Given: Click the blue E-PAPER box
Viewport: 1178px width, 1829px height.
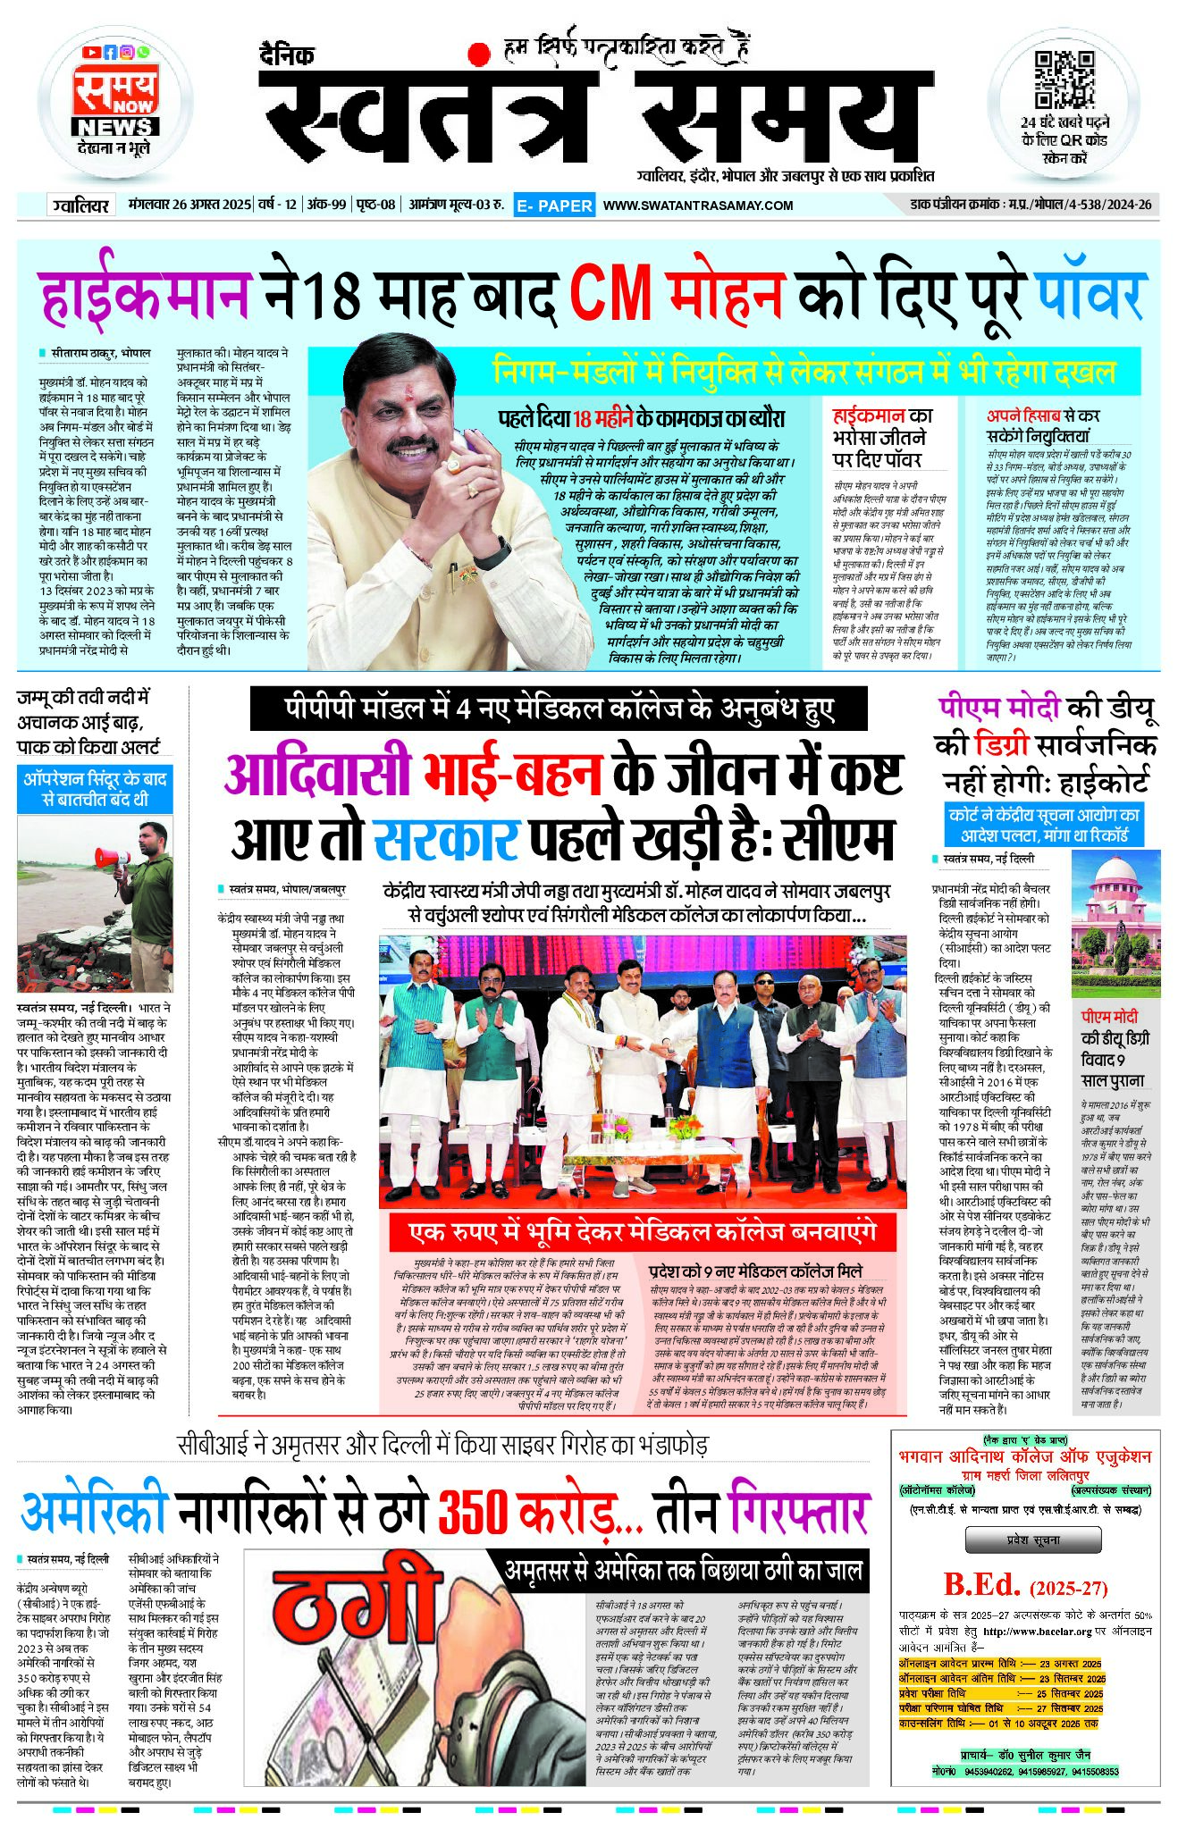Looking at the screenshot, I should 554,206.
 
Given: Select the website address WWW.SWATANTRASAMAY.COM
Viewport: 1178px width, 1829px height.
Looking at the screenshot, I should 698,206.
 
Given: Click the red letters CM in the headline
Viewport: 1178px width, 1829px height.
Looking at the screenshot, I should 610,293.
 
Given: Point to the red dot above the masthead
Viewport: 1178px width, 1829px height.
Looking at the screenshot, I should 480,54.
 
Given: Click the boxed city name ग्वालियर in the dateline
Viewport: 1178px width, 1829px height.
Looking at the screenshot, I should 80,206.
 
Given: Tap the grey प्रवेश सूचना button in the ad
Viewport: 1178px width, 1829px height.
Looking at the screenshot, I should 1032,1540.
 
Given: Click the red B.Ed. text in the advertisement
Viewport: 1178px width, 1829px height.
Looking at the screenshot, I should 981,1585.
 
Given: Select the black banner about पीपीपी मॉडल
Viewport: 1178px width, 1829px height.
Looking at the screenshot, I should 559,709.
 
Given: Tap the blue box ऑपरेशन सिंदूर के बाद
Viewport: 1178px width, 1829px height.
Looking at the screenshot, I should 95,789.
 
